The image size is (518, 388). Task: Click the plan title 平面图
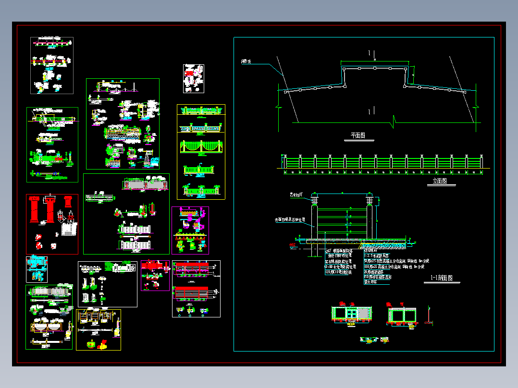(x=355, y=136)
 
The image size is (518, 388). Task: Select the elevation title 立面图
(x=437, y=181)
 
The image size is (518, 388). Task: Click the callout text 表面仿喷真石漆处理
(x=290, y=219)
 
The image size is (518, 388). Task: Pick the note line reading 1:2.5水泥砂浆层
(x=380, y=256)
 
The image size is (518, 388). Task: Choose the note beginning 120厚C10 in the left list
(x=338, y=272)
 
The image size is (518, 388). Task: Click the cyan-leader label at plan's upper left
(x=247, y=61)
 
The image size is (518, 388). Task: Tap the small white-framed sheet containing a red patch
(x=193, y=78)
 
